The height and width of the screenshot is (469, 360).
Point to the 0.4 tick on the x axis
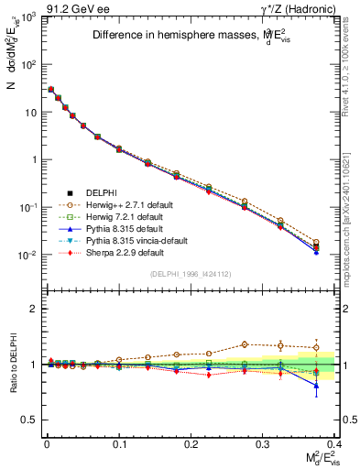[334, 442]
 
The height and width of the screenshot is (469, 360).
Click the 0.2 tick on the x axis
[191, 442]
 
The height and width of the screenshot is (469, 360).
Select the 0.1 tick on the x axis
[119, 442]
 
